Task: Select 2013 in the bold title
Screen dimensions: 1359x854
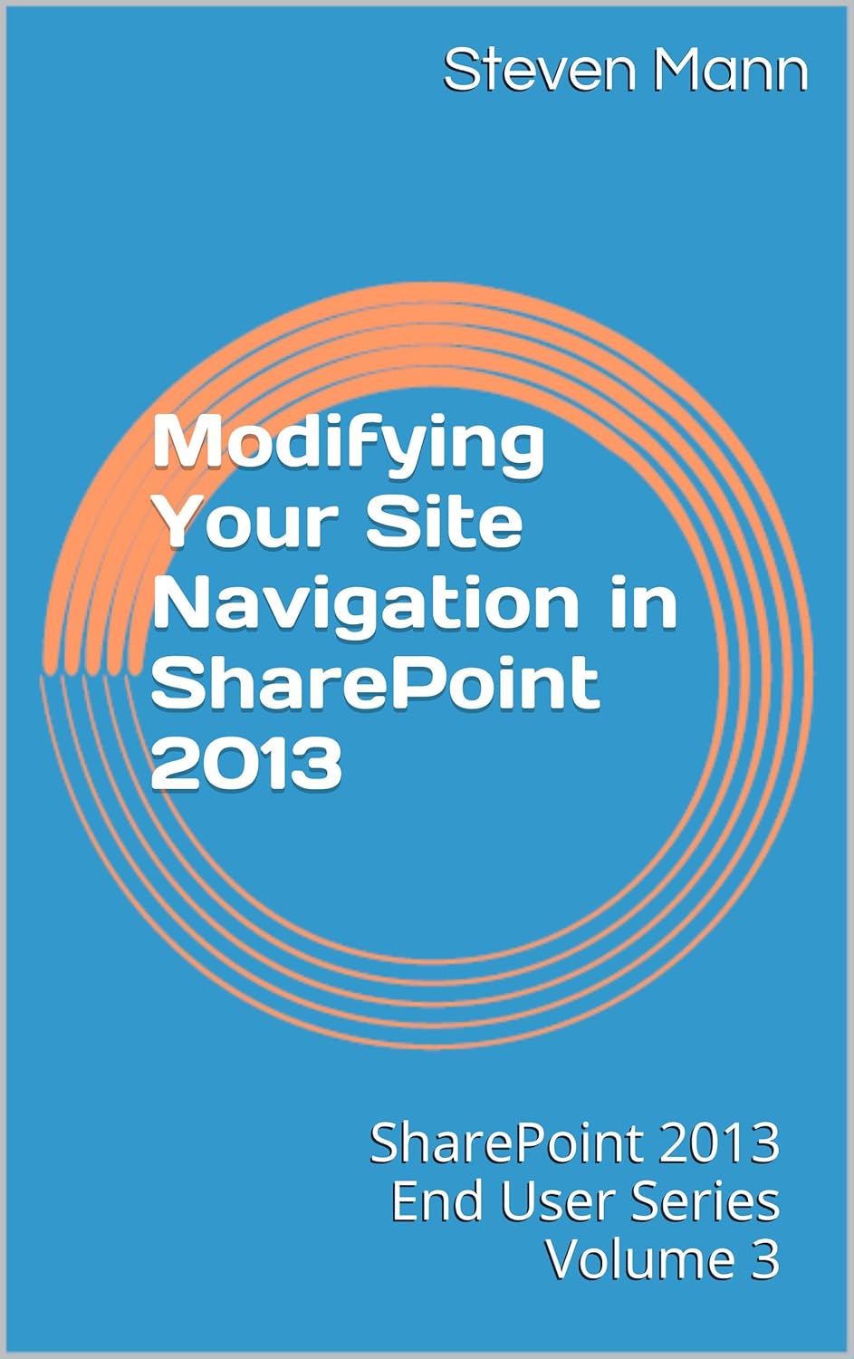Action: (247, 763)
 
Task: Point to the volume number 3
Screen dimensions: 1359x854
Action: (764, 1259)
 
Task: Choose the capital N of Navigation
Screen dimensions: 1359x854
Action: (179, 603)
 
